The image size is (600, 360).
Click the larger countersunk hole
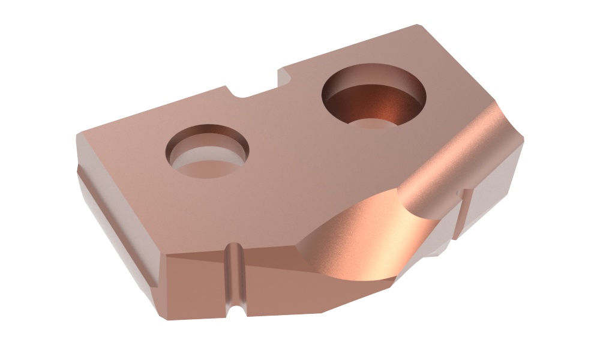pos(374,98)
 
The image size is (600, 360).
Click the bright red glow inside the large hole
pos(384,108)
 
